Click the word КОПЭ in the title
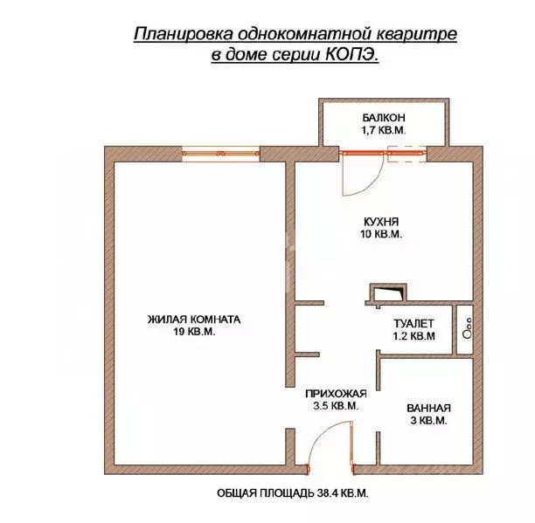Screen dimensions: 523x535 coord(357,54)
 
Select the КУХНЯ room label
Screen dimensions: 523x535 coord(380,222)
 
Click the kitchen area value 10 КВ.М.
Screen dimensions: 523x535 coord(380,235)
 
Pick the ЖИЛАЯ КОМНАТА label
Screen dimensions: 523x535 coord(193,320)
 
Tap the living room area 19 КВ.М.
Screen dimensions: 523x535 coord(193,333)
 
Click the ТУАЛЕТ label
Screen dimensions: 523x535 coord(413,322)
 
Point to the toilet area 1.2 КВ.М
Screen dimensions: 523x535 coord(413,335)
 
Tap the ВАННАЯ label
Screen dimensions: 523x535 coord(428,408)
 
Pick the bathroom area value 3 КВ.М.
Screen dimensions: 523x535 coord(428,421)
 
